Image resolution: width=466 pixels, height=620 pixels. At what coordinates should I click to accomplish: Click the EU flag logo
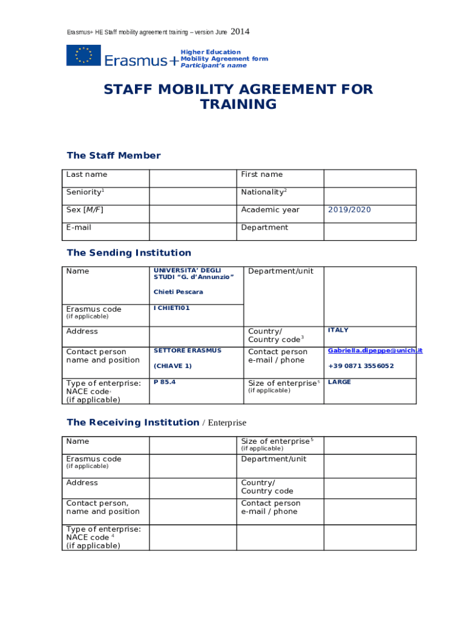pyautogui.click(x=84, y=55)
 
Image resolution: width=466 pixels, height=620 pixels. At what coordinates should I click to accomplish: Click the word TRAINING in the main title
pyautogui.click(x=238, y=104)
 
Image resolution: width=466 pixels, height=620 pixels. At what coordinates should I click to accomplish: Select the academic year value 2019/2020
pyautogui.click(x=349, y=209)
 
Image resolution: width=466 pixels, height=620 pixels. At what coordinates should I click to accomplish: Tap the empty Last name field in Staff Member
pyautogui.click(x=192, y=179)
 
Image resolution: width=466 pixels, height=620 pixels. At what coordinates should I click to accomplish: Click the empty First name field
pyautogui.click(x=370, y=179)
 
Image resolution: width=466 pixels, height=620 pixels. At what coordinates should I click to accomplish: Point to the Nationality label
pyautogui.click(x=262, y=192)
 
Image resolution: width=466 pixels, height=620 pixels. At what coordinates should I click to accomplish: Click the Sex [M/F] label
pyautogui.click(x=80, y=209)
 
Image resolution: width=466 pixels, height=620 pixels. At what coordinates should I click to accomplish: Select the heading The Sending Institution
pyautogui.click(x=129, y=252)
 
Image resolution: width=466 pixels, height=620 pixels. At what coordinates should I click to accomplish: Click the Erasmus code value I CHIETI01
pyautogui.click(x=172, y=308)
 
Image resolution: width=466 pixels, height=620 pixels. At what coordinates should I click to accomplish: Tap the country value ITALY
pyautogui.click(x=338, y=330)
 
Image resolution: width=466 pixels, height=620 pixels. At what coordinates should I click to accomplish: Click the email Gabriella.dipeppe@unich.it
pyautogui.click(x=375, y=351)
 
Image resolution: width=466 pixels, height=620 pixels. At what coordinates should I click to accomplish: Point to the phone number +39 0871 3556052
pyautogui.click(x=361, y=366)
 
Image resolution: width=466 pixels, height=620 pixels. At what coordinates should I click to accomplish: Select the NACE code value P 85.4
pyautogui.click(x=165, y=382)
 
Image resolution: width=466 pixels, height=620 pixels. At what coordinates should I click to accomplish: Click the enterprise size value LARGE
pyautogui.click(x=339, y=382)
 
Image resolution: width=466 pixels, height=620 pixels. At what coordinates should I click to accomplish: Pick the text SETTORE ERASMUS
pyautogui.click(x=188, y=351)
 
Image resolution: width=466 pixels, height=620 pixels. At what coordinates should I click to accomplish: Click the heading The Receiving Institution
pyautogui.click(x=133, y=422)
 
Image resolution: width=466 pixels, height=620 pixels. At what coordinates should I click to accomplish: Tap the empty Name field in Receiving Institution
pyautogui.click(x=192, y=445)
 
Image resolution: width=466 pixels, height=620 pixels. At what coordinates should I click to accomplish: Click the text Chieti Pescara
pyautogui.click(x=178, y=292)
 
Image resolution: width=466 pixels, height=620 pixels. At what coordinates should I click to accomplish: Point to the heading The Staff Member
pyautogui.click(x=114, y=156)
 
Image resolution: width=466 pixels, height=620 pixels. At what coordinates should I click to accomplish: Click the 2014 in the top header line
pyautogui.click(x=240, y=31)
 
